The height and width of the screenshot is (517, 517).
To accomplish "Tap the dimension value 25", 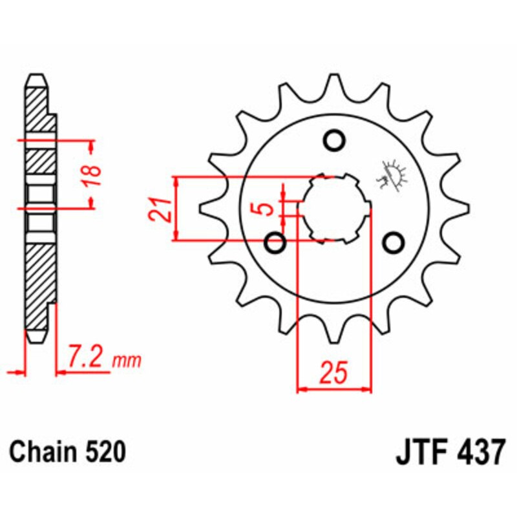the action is (334, 374).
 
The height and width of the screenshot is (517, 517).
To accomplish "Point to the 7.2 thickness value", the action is (88, 357).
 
